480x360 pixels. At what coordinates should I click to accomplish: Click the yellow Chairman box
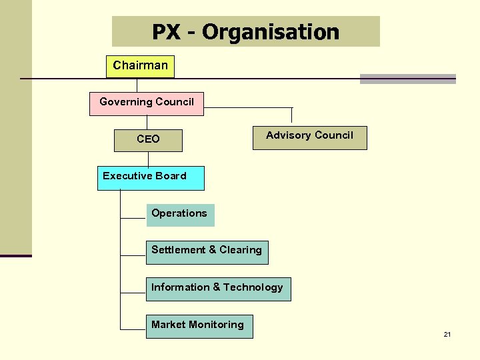[140, 66]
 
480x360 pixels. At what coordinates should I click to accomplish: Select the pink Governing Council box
[147, 103]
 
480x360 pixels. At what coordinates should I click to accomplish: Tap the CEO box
[148, 139]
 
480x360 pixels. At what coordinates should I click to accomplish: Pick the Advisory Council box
[309, 137]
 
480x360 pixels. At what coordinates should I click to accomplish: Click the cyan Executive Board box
[151, 178]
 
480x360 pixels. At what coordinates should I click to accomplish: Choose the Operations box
[180, 215]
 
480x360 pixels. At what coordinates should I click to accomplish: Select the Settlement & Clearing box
[207, 252]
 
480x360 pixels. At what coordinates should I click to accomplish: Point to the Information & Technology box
[218, 289]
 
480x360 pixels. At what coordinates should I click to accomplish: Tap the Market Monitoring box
[199, 326]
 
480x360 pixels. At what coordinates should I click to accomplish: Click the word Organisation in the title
[271, 32]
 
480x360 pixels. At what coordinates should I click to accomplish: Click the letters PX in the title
[165, 32]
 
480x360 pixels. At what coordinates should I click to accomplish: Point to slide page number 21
[447, 334]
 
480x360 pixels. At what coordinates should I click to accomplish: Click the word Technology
[253, 287]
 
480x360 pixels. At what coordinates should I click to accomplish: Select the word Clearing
[240, 250]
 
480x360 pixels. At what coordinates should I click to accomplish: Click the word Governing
[123, 102]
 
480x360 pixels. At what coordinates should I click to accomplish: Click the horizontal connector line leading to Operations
[133, 218]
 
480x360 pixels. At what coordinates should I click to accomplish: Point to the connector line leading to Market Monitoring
[133, 329]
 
